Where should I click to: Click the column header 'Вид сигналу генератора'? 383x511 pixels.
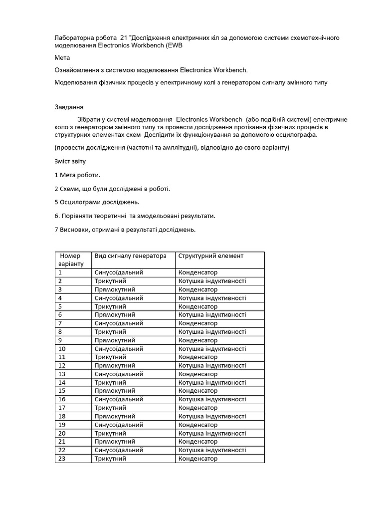tap(130, 256)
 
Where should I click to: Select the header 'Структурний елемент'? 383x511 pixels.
tap(210, 256)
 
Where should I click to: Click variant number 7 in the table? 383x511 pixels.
tap(60, 323)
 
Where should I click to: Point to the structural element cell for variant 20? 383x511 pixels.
tap(212, 433)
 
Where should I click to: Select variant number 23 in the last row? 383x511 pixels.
tap(62, 459)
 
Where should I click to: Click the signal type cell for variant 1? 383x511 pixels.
tap(119, 272)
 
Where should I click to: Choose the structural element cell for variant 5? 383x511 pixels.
tap(198, 306)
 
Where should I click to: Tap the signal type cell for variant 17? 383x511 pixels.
tap(110, 408)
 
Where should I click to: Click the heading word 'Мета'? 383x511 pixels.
tap(62, 58)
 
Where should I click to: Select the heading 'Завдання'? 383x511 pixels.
tap(69, 107)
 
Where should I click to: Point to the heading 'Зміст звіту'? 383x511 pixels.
tap(70, 161)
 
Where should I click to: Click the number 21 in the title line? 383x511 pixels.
tap(124, 38)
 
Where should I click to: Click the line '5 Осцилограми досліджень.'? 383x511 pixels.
tap(97, 202)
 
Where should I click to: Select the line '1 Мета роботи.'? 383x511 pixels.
tap(77, 175)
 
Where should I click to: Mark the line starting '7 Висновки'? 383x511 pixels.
tap(125, 230)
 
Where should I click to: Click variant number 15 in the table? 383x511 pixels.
tap(62, 391)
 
